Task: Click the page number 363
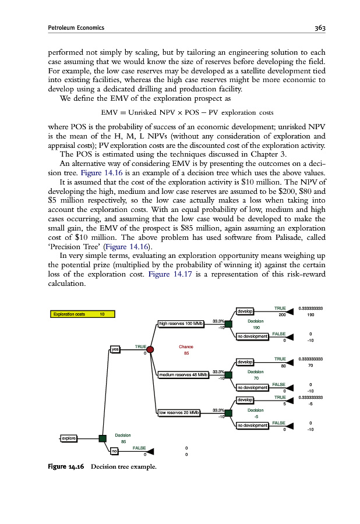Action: pyautogui.click(x=316, y=27)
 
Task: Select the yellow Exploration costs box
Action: pyautogui.click(x=82, y=314)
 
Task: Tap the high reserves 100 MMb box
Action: pyautogui.click(x=182, y=324)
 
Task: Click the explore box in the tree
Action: pyautogui.click(x=70, y=438)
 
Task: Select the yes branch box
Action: pyautogui.click(x=115, y=349)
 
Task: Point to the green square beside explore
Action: pyautogui.click(x=103, y=438)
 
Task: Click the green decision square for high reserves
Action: pyautogui.click(x=228, y=324)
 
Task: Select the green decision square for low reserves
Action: pyautogui.click(x=228, y=413)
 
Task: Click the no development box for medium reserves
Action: pyautogui.click(x=252, y=387)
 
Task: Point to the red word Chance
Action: pyautogui.click(x=186, y=346)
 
